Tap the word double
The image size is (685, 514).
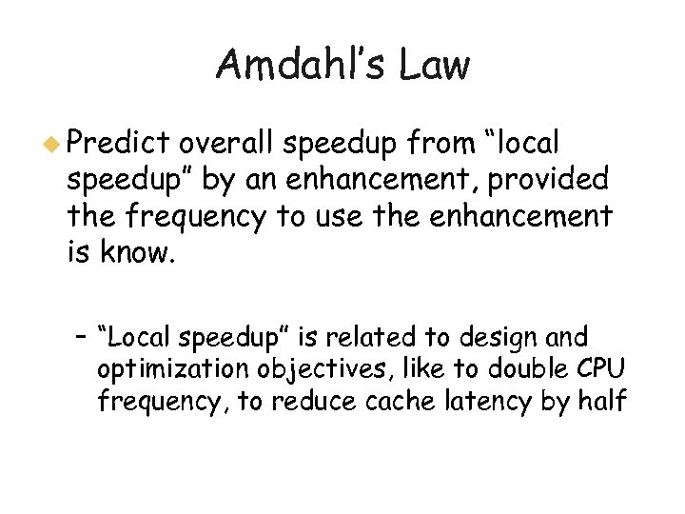[x=531, y=369]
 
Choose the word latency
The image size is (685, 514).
[x=484, y=402]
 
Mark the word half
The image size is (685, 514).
[x=601, y=402]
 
